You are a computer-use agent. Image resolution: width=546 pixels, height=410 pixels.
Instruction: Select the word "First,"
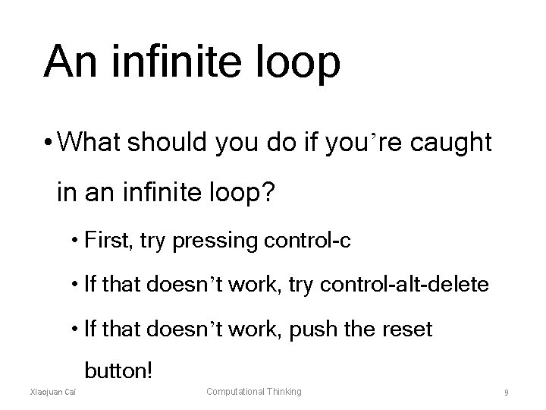click(111, 241)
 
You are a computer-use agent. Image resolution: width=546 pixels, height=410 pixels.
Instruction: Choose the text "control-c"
click(306, 241)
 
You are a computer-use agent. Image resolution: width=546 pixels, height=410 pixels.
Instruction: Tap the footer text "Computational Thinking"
click(254, 391)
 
